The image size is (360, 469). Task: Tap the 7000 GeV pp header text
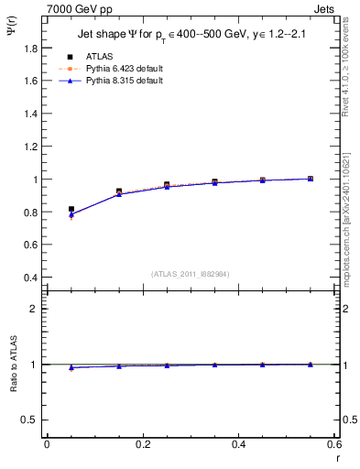[x=73, y=6]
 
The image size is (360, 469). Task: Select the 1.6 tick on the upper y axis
[x=34, y=81]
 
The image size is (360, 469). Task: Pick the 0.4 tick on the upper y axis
[x=34, y=278]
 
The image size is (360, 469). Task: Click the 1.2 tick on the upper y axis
[x=34, y=147]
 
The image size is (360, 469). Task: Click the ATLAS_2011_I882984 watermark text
[x=191, y=274]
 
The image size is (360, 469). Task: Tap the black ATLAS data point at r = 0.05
[x=71, y=210]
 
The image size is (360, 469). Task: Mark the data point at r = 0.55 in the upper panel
[x=310, y=179]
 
